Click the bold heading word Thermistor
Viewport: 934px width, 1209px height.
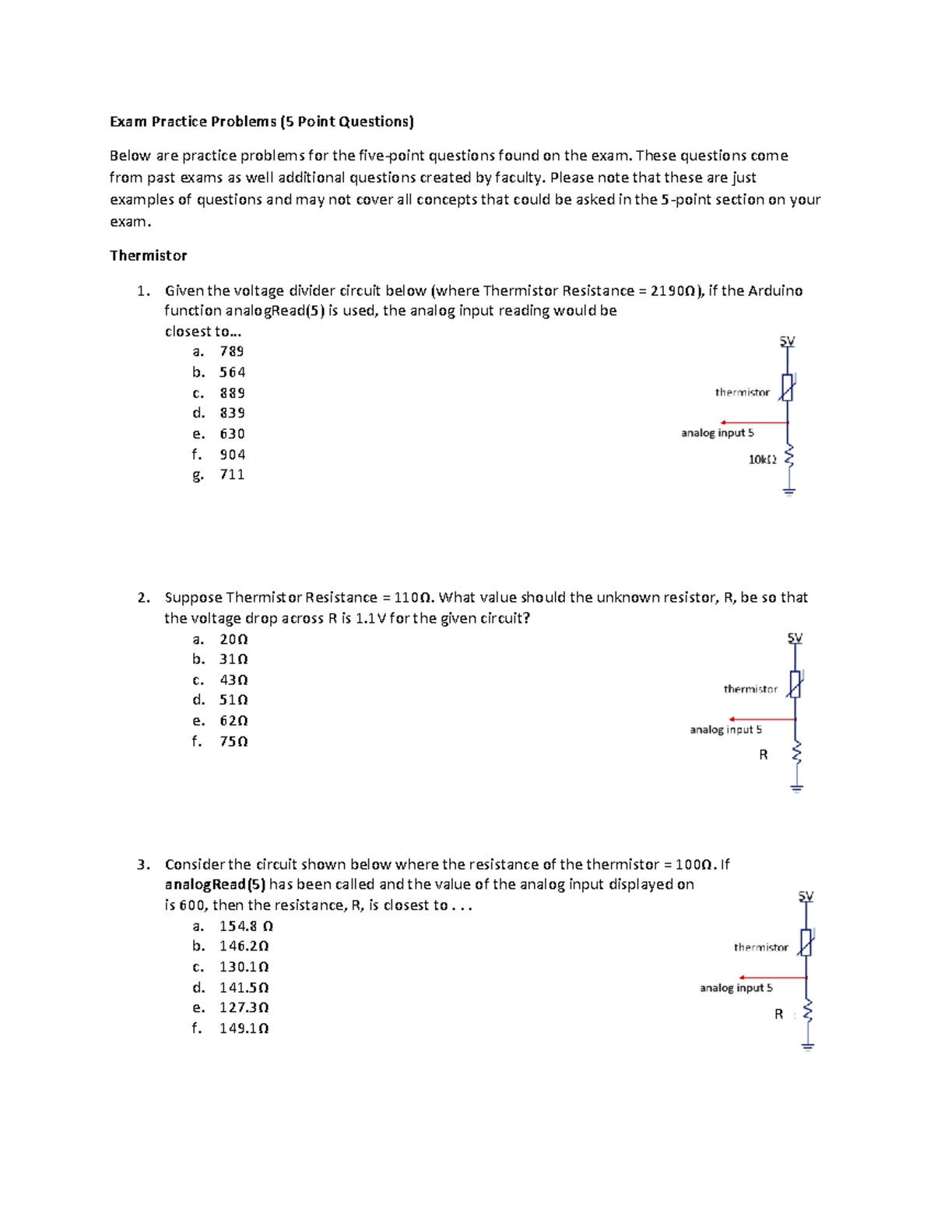pos(148,255)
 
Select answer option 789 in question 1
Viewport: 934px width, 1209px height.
pos(232,351)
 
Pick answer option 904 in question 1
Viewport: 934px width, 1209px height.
pos(232,455)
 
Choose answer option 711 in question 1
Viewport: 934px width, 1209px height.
pos(232,475)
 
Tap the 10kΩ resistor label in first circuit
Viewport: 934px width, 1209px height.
pos(762,459)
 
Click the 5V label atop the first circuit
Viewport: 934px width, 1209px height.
pos(787,341)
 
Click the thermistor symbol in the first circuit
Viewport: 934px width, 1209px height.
pos(788,388)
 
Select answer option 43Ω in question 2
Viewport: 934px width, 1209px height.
pos(233,680)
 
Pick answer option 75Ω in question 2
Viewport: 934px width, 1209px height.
pos(233,741)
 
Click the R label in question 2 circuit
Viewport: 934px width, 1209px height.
pos(763,754)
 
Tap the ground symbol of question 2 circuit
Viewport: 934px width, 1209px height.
pos(796,787)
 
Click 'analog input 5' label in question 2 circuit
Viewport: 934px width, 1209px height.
pos(725,729)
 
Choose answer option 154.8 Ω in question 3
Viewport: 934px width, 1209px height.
pos(246,926)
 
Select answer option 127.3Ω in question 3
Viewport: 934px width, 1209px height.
pos(244,1007)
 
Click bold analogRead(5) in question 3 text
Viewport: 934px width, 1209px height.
pos(215,884)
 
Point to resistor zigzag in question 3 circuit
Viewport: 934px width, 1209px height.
pos(807,1011)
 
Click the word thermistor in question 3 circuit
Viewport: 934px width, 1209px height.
pos(760,947)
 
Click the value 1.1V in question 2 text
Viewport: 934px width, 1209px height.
pos(370,618)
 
